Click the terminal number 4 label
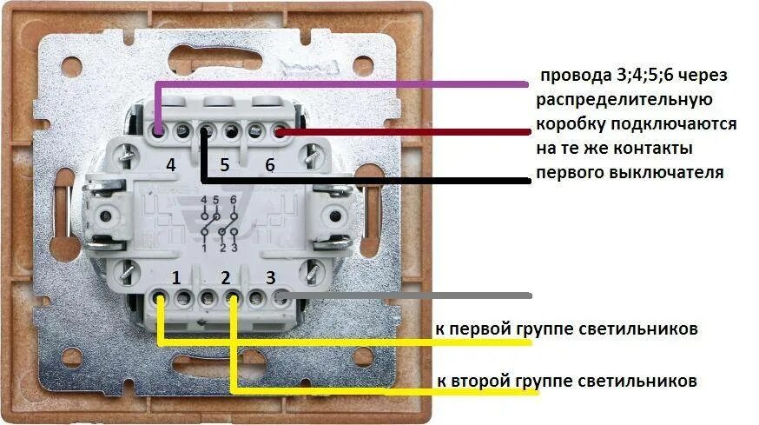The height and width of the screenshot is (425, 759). click(x=171, y=164)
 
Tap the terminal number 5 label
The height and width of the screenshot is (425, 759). click(x=224, y=164)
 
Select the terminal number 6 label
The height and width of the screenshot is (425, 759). click(x=270, y=164)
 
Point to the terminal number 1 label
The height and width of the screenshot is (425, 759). click(x=175, y=279)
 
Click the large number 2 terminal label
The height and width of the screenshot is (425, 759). click(x=226, y=279)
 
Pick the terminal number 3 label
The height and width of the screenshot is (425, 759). click(x=271, y=278)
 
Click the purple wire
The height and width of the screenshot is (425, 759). click(x=347, y=84)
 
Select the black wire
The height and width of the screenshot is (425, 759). click(x=365, y=181)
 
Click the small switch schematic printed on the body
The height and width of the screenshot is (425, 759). click(x=219, y=224)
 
